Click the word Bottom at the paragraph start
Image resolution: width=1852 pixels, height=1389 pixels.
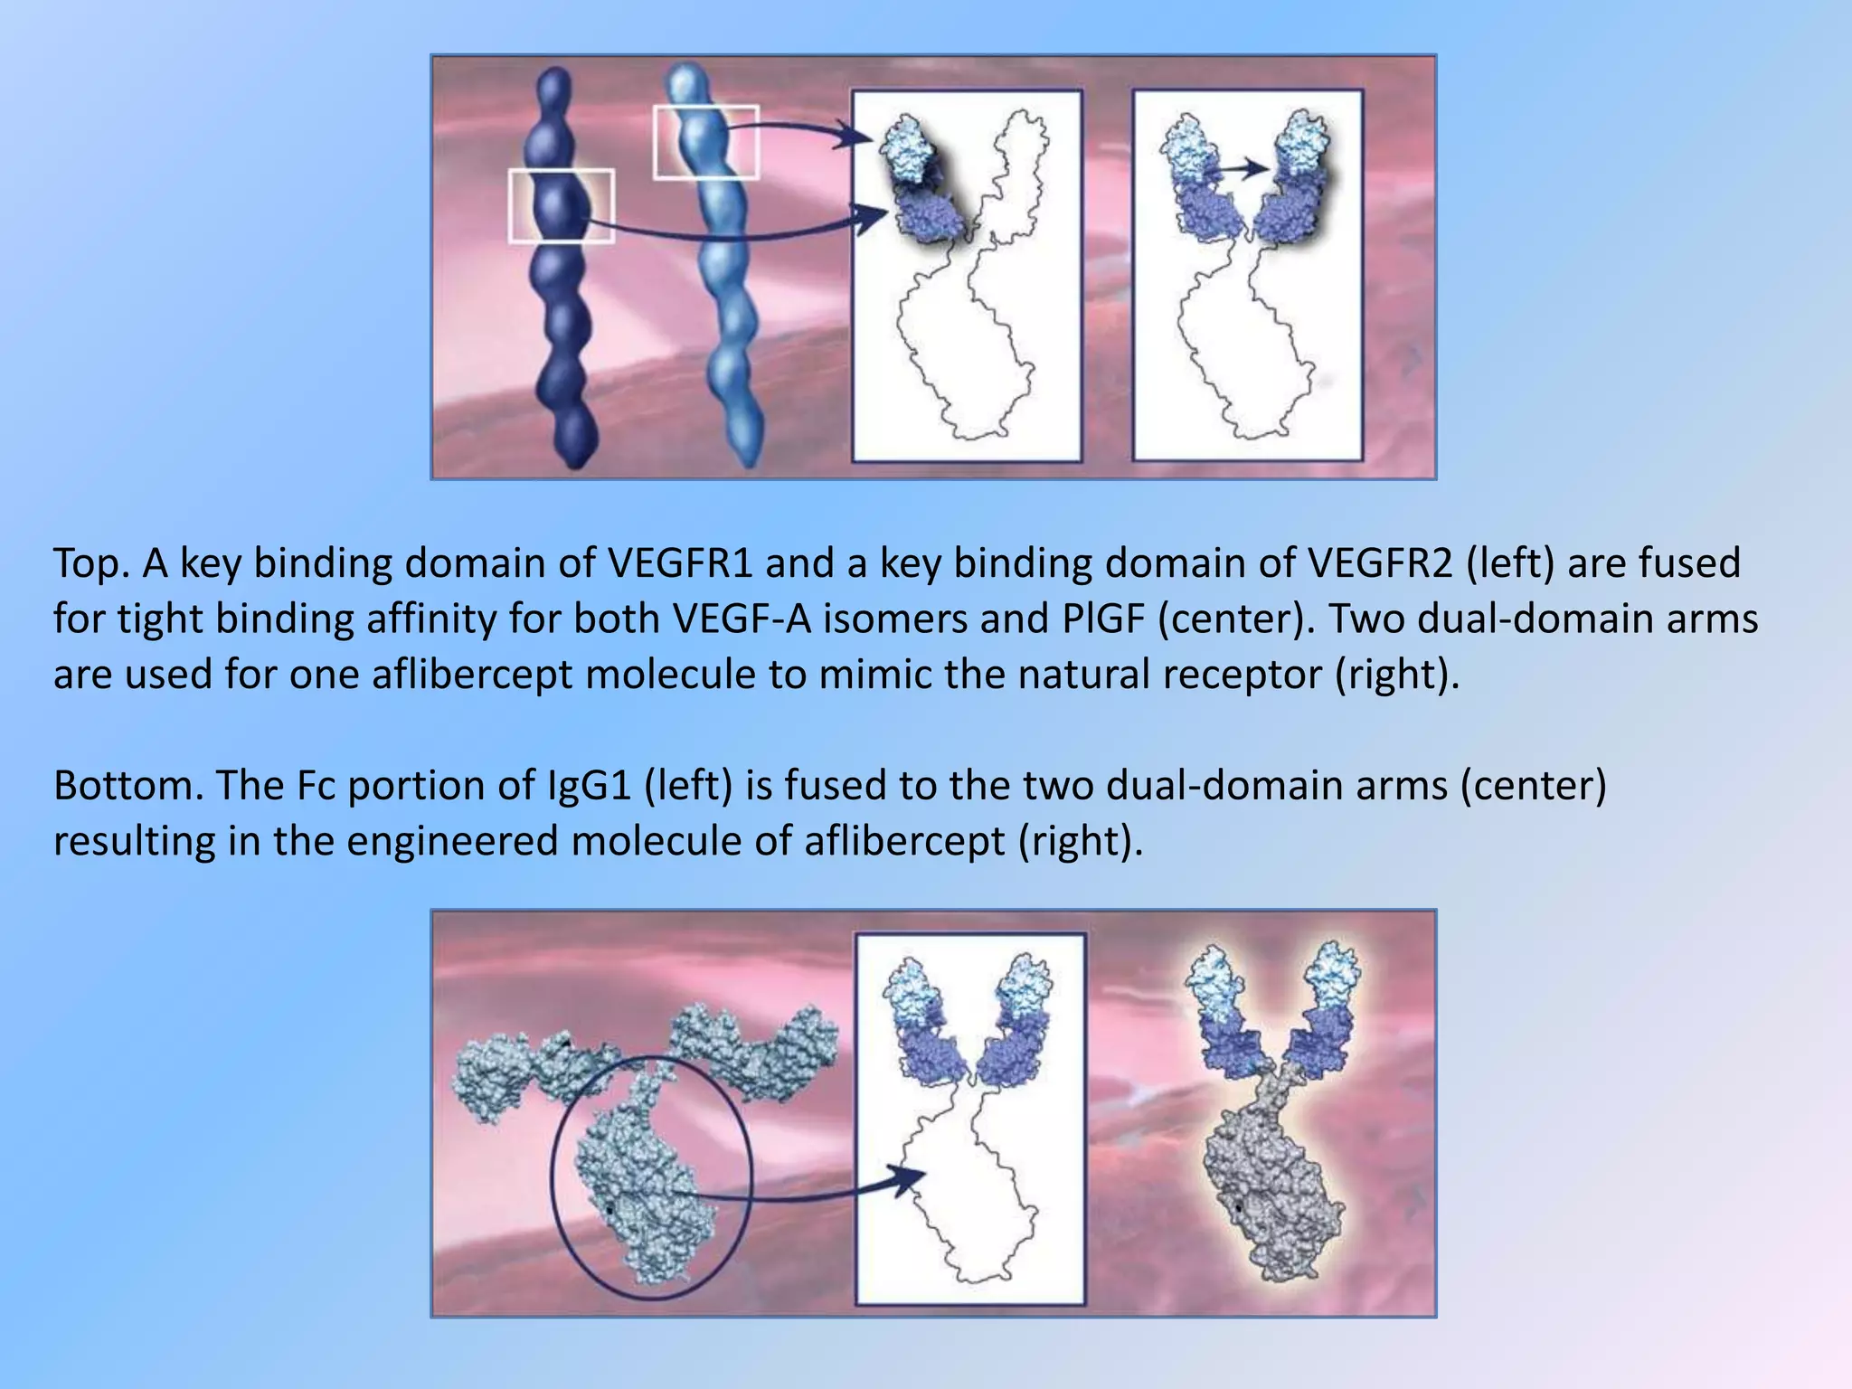coord(128,786)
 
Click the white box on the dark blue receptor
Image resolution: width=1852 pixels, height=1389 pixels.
coord(562,206)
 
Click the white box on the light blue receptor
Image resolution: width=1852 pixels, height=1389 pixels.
coord(705,142)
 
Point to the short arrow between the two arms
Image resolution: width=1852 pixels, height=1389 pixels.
coord(1240,168)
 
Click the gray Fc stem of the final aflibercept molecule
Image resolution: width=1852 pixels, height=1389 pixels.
coord(1271,1185)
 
